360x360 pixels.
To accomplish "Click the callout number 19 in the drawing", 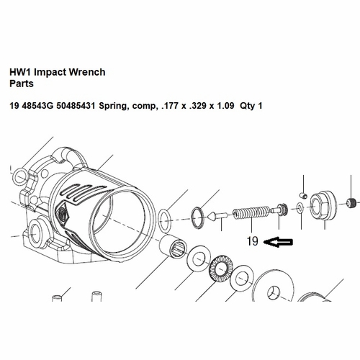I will [251, 241].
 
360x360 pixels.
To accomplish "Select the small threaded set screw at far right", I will [351, 202].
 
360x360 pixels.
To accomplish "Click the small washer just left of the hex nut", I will [297, 210].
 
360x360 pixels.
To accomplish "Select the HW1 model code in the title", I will [20, 72].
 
